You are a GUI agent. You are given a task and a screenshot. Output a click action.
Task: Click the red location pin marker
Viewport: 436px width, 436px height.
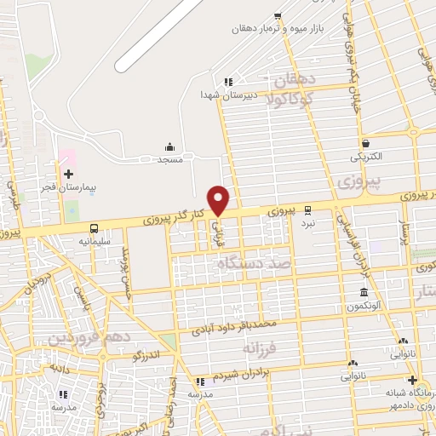pos(219,200)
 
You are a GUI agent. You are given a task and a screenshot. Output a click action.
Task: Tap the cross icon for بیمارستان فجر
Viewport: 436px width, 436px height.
pos(69,173)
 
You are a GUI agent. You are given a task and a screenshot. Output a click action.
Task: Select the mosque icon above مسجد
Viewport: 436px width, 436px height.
pos(169,146)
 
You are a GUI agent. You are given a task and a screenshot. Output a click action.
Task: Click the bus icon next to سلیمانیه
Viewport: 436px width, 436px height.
pos(93,228)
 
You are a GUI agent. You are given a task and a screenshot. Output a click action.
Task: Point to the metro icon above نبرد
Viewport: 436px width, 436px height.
pos(308,209)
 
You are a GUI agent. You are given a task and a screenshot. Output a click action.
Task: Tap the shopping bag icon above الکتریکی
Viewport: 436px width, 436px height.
pos(365,143)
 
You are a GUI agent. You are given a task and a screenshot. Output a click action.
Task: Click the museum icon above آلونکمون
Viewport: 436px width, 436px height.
pos(363,293)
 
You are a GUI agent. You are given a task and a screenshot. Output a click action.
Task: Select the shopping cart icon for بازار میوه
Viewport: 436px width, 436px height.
pos(277,16)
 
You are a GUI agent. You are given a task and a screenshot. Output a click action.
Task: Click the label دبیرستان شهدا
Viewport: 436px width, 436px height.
pos(223,95)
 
